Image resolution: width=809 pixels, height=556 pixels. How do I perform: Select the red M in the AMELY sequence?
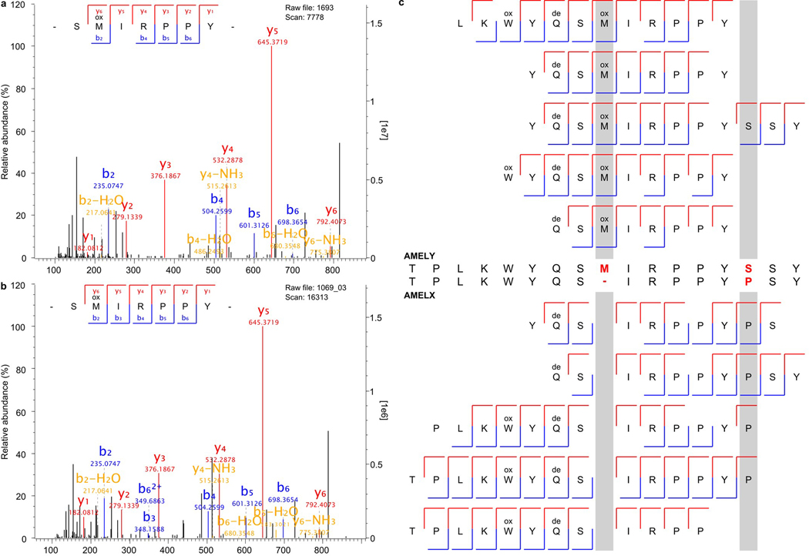(605, 268)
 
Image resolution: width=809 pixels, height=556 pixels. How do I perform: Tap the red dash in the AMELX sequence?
(605, 280)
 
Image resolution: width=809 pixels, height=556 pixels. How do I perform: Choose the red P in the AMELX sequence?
(747, 280)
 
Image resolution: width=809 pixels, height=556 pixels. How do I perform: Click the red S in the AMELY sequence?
(747, 268)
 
